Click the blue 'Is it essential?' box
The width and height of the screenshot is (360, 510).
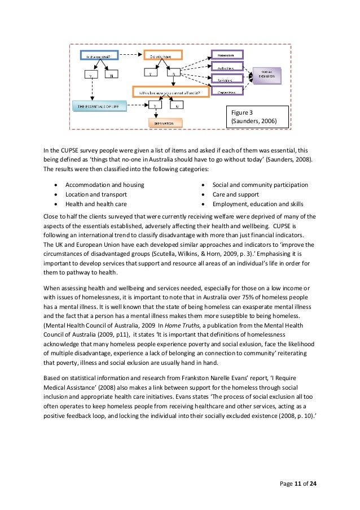click(100, 55)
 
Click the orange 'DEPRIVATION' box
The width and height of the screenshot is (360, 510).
click(165, 122)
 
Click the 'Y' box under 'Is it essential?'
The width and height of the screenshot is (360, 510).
click(90, 74)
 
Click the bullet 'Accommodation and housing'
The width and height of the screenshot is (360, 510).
click(104, 185)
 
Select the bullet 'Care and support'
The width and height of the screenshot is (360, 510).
click(236, 194)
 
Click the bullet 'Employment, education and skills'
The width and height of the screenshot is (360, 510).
click(257, 204)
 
